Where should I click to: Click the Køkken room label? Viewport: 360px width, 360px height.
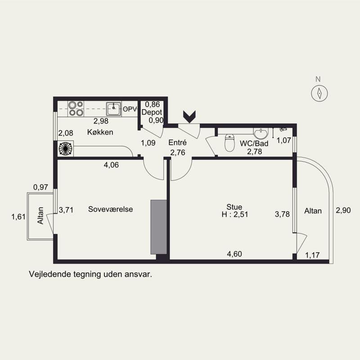point(100,132)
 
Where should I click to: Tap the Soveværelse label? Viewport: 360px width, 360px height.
point(110,209)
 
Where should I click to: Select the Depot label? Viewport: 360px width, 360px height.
point(152,112)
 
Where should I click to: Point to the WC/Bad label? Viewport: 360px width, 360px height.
point(254,144)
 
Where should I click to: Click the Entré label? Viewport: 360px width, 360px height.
point(177,142)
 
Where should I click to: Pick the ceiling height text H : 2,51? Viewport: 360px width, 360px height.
point(234,215)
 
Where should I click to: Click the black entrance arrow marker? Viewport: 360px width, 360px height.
point(189,117)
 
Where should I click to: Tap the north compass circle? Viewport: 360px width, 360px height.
point(319,94)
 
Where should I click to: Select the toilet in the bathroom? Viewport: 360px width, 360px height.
point(229,143)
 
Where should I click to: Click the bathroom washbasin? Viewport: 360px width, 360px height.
point(261,133)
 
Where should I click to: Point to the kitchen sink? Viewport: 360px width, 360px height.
point(114,109)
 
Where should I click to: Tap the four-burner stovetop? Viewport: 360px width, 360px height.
point(76,108)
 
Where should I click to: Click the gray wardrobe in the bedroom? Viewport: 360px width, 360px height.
point(159,227)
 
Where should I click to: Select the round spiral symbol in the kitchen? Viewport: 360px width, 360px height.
point(65,148)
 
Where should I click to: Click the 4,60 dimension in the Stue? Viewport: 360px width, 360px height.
point(234,254)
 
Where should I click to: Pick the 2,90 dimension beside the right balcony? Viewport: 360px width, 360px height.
point(343,210)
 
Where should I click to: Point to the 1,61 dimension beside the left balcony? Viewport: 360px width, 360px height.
point(18,216)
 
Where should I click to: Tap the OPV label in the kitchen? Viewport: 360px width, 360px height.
point(130,109)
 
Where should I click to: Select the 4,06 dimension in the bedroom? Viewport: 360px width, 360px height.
point(111,165)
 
